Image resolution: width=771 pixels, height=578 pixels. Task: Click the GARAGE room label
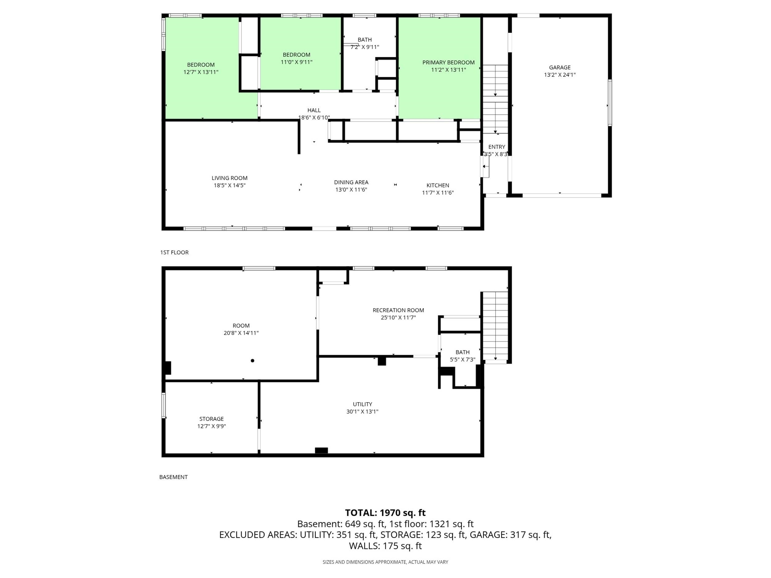(560, 67)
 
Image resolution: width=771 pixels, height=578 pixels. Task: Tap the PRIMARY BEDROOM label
(448, 62)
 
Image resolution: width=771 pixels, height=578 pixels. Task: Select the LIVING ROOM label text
(229, 178)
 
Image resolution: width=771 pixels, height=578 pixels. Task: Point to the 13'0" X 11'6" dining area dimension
(351, 190)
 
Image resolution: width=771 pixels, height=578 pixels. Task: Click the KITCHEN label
(438, 185)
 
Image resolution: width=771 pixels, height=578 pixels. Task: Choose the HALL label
(314, 110)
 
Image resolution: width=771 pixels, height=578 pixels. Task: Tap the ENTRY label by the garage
(496, 147)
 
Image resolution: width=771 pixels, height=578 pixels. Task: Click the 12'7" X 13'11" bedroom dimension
(201, 72)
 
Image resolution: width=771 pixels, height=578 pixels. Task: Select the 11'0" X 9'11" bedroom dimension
(297, 62)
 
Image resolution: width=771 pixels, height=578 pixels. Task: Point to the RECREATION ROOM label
(398, 310)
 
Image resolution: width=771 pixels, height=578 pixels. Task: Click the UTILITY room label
(362, 404)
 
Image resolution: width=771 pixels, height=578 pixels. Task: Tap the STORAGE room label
(211, 419)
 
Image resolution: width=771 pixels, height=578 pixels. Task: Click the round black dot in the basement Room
(252, 361)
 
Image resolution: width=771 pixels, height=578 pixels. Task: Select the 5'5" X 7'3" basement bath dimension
(462, 359)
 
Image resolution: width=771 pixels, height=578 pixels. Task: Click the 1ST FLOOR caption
(174, 252)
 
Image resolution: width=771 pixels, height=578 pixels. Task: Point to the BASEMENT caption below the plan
(173, 477)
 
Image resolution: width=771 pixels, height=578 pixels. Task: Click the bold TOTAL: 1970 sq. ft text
(385, 513)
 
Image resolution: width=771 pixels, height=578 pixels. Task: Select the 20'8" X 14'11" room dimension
(241, 333)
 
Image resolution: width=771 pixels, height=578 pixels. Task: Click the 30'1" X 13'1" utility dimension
(362, 412)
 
